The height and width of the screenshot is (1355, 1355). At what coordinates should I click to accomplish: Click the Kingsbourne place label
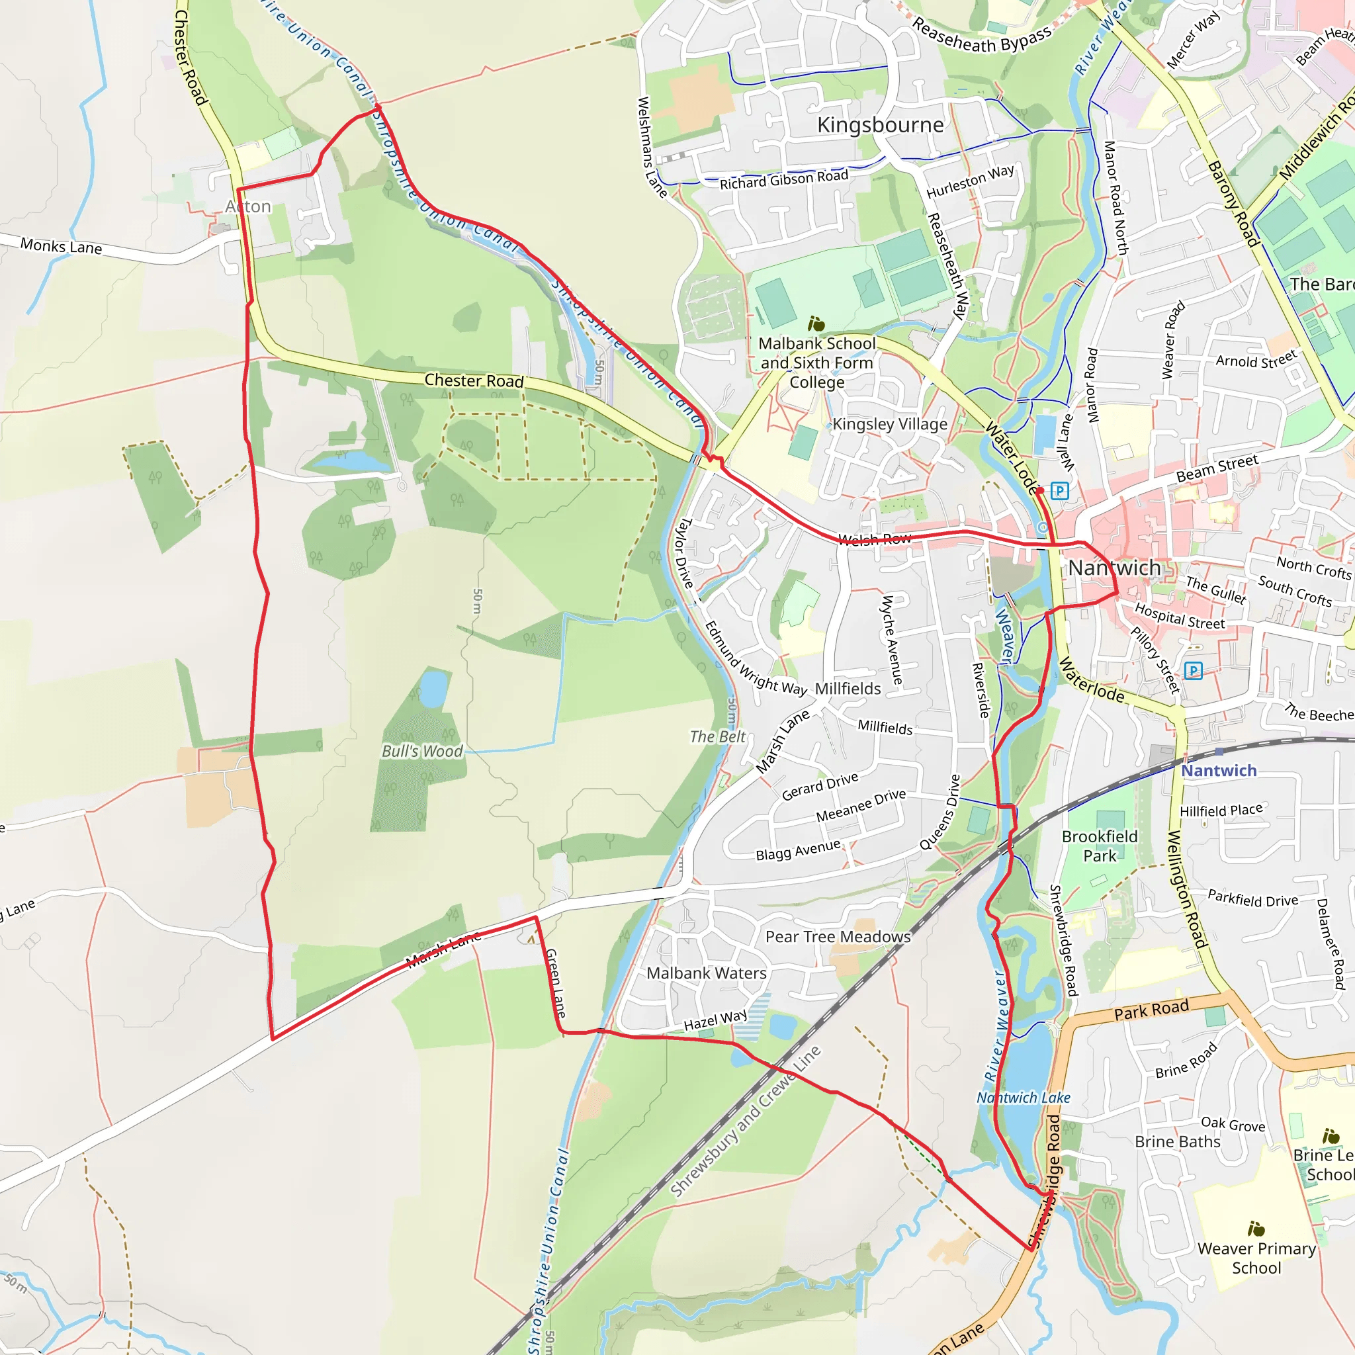[880, 125]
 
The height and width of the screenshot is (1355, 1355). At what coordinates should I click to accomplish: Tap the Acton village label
[248, 206]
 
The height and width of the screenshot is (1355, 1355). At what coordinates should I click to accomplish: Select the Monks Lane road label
[61, 246]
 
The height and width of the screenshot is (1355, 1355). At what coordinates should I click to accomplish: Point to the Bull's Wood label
[422, 751]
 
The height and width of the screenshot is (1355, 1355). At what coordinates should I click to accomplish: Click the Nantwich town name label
[1114, 568]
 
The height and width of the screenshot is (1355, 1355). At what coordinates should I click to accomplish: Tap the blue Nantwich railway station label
[1219, 770]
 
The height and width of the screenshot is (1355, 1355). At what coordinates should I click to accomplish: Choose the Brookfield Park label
[1100, 846]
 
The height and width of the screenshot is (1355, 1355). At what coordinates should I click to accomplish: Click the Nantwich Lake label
[1024, 1098]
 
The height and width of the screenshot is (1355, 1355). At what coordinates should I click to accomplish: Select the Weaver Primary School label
[1257, 1258]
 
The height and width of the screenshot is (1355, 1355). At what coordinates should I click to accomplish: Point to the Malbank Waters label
[706, 973]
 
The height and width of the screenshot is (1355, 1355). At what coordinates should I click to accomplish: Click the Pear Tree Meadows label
[838, 936]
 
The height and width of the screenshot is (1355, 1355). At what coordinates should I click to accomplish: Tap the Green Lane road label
[556, 983]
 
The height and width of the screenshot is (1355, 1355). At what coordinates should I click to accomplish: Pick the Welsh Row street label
[875, 539]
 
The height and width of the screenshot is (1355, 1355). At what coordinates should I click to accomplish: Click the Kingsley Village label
[889, 424]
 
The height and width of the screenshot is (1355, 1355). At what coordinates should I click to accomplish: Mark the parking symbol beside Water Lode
[1061, 491]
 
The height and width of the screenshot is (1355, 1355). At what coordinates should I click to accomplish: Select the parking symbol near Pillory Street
[1193, 671]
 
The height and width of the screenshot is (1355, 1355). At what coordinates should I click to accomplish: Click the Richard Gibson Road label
[784, 179]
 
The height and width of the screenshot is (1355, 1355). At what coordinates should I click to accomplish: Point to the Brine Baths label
[1178, 1142]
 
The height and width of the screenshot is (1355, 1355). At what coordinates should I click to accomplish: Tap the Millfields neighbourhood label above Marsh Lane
[848, 689]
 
